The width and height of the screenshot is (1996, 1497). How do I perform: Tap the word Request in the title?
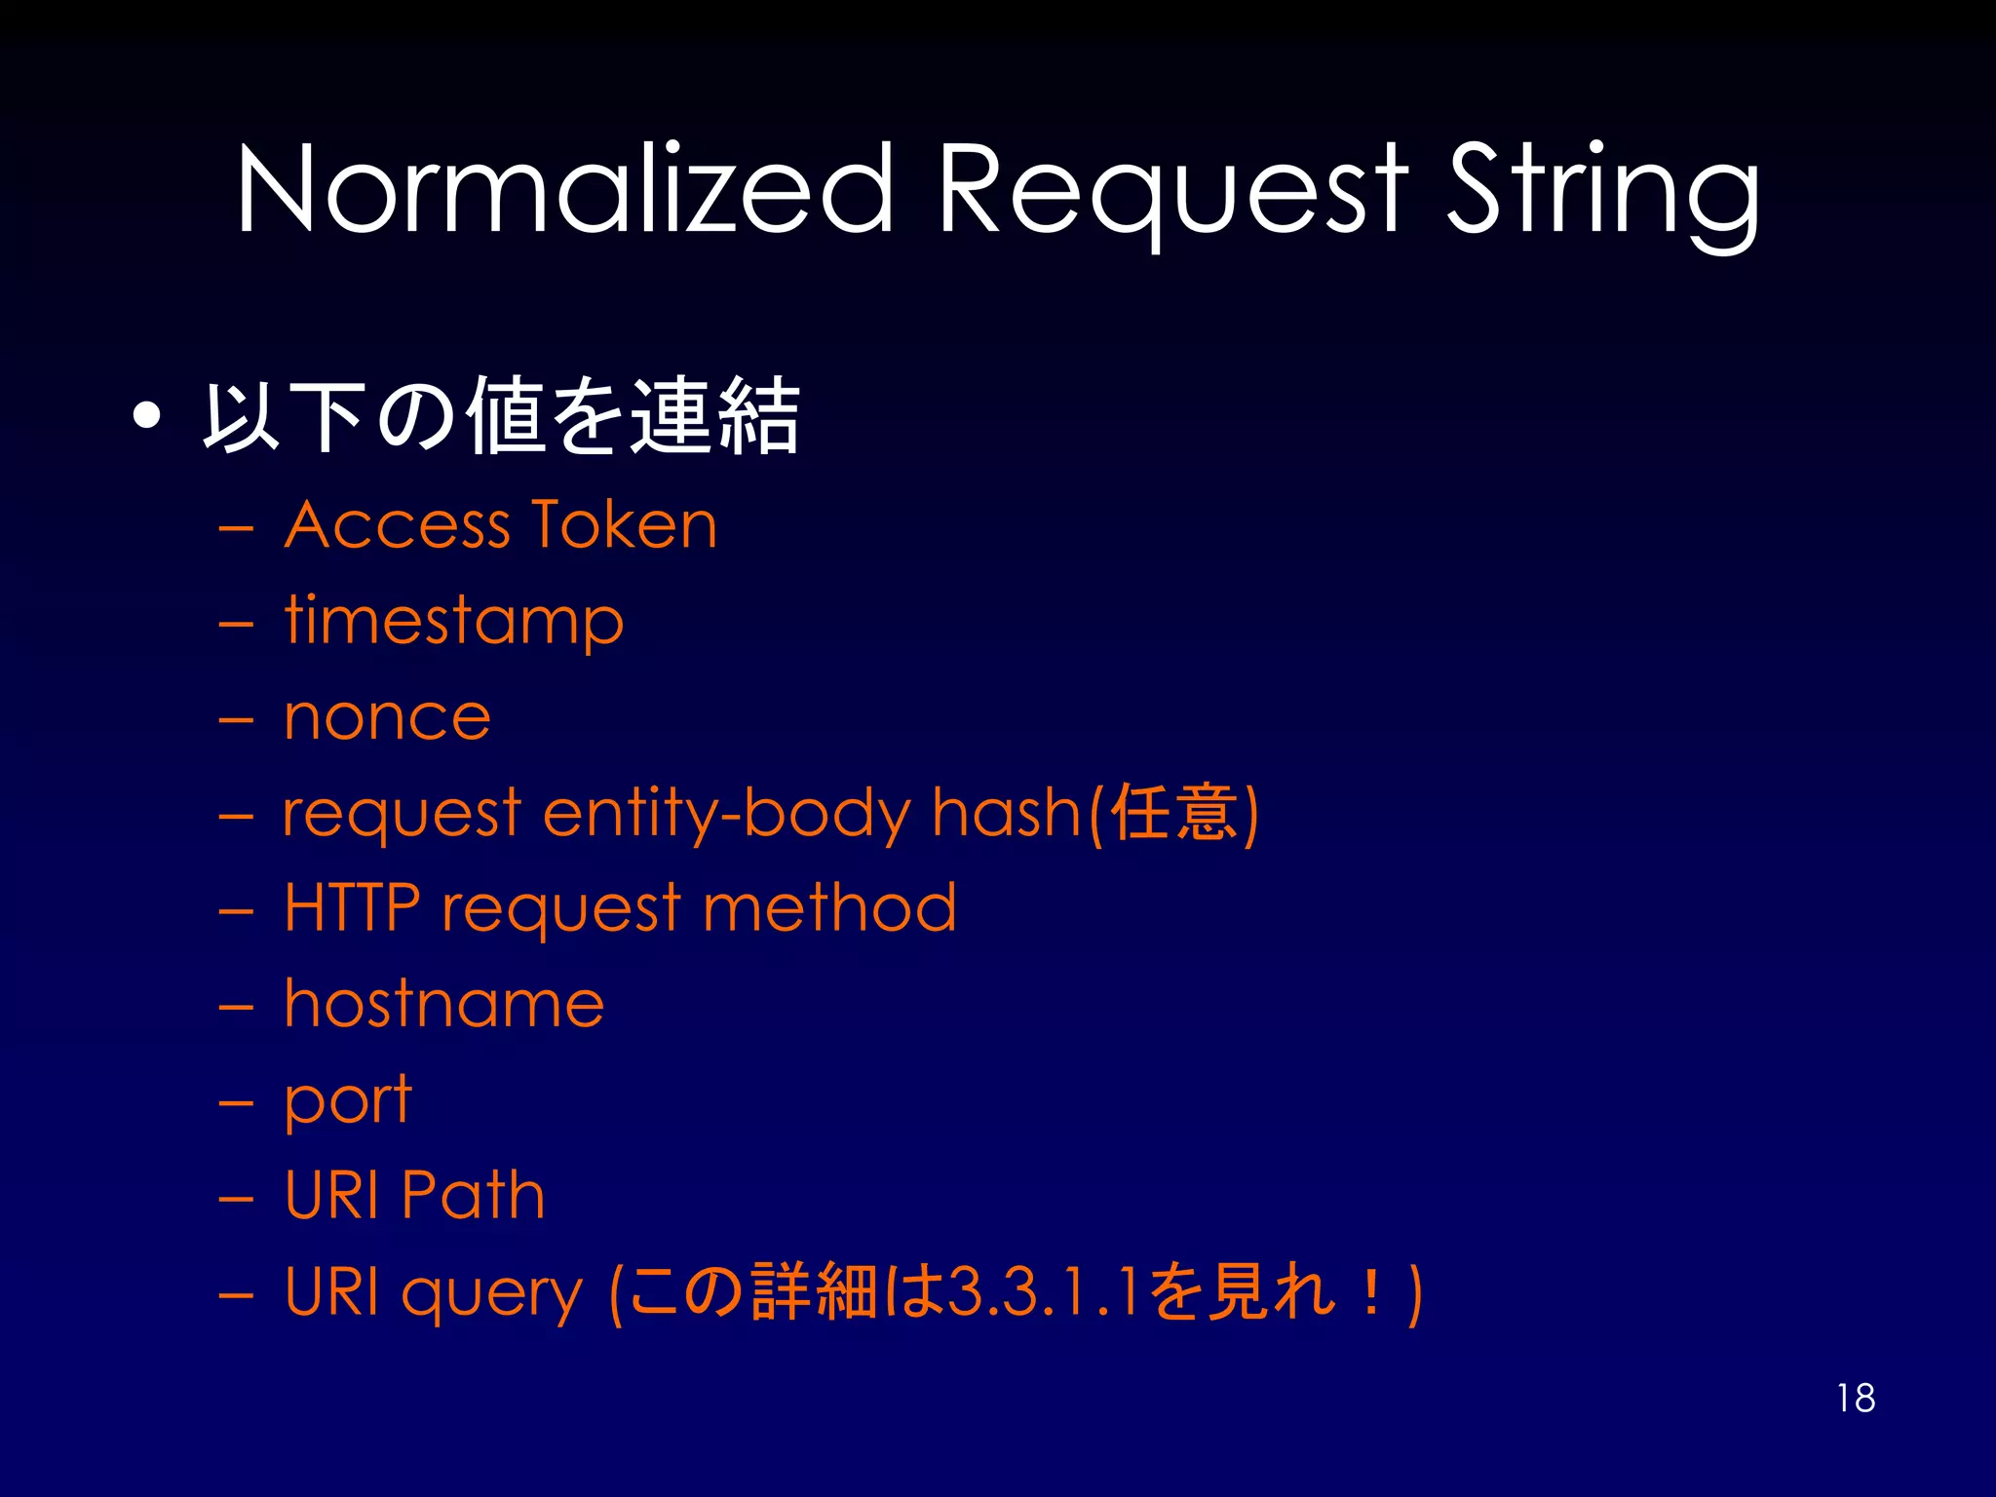point(1170,190)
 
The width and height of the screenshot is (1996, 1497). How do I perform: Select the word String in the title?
point(1603,190)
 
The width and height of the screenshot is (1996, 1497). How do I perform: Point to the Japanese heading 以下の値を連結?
point(501,417)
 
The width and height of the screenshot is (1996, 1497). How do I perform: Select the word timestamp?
point(453,621)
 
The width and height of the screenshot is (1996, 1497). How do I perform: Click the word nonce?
point(387,717)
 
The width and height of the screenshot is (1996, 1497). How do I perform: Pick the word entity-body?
point(726,813)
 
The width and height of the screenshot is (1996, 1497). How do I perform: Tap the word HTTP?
point(352,907)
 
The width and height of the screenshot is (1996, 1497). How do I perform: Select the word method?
point(829,907)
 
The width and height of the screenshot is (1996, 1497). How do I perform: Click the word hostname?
point(443,1003)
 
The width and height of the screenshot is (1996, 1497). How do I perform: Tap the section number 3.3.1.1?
point(1044,1291)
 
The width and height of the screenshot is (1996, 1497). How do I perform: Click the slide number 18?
point(1856,1398)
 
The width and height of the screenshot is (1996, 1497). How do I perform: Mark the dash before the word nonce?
point(236,719)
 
